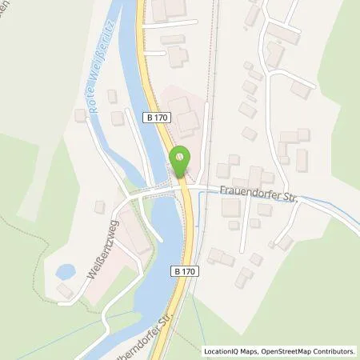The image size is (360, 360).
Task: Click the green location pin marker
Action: pos(182,162)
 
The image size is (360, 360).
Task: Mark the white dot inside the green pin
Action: pos(182,157)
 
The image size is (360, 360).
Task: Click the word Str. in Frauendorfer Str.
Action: pos(287,198)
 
